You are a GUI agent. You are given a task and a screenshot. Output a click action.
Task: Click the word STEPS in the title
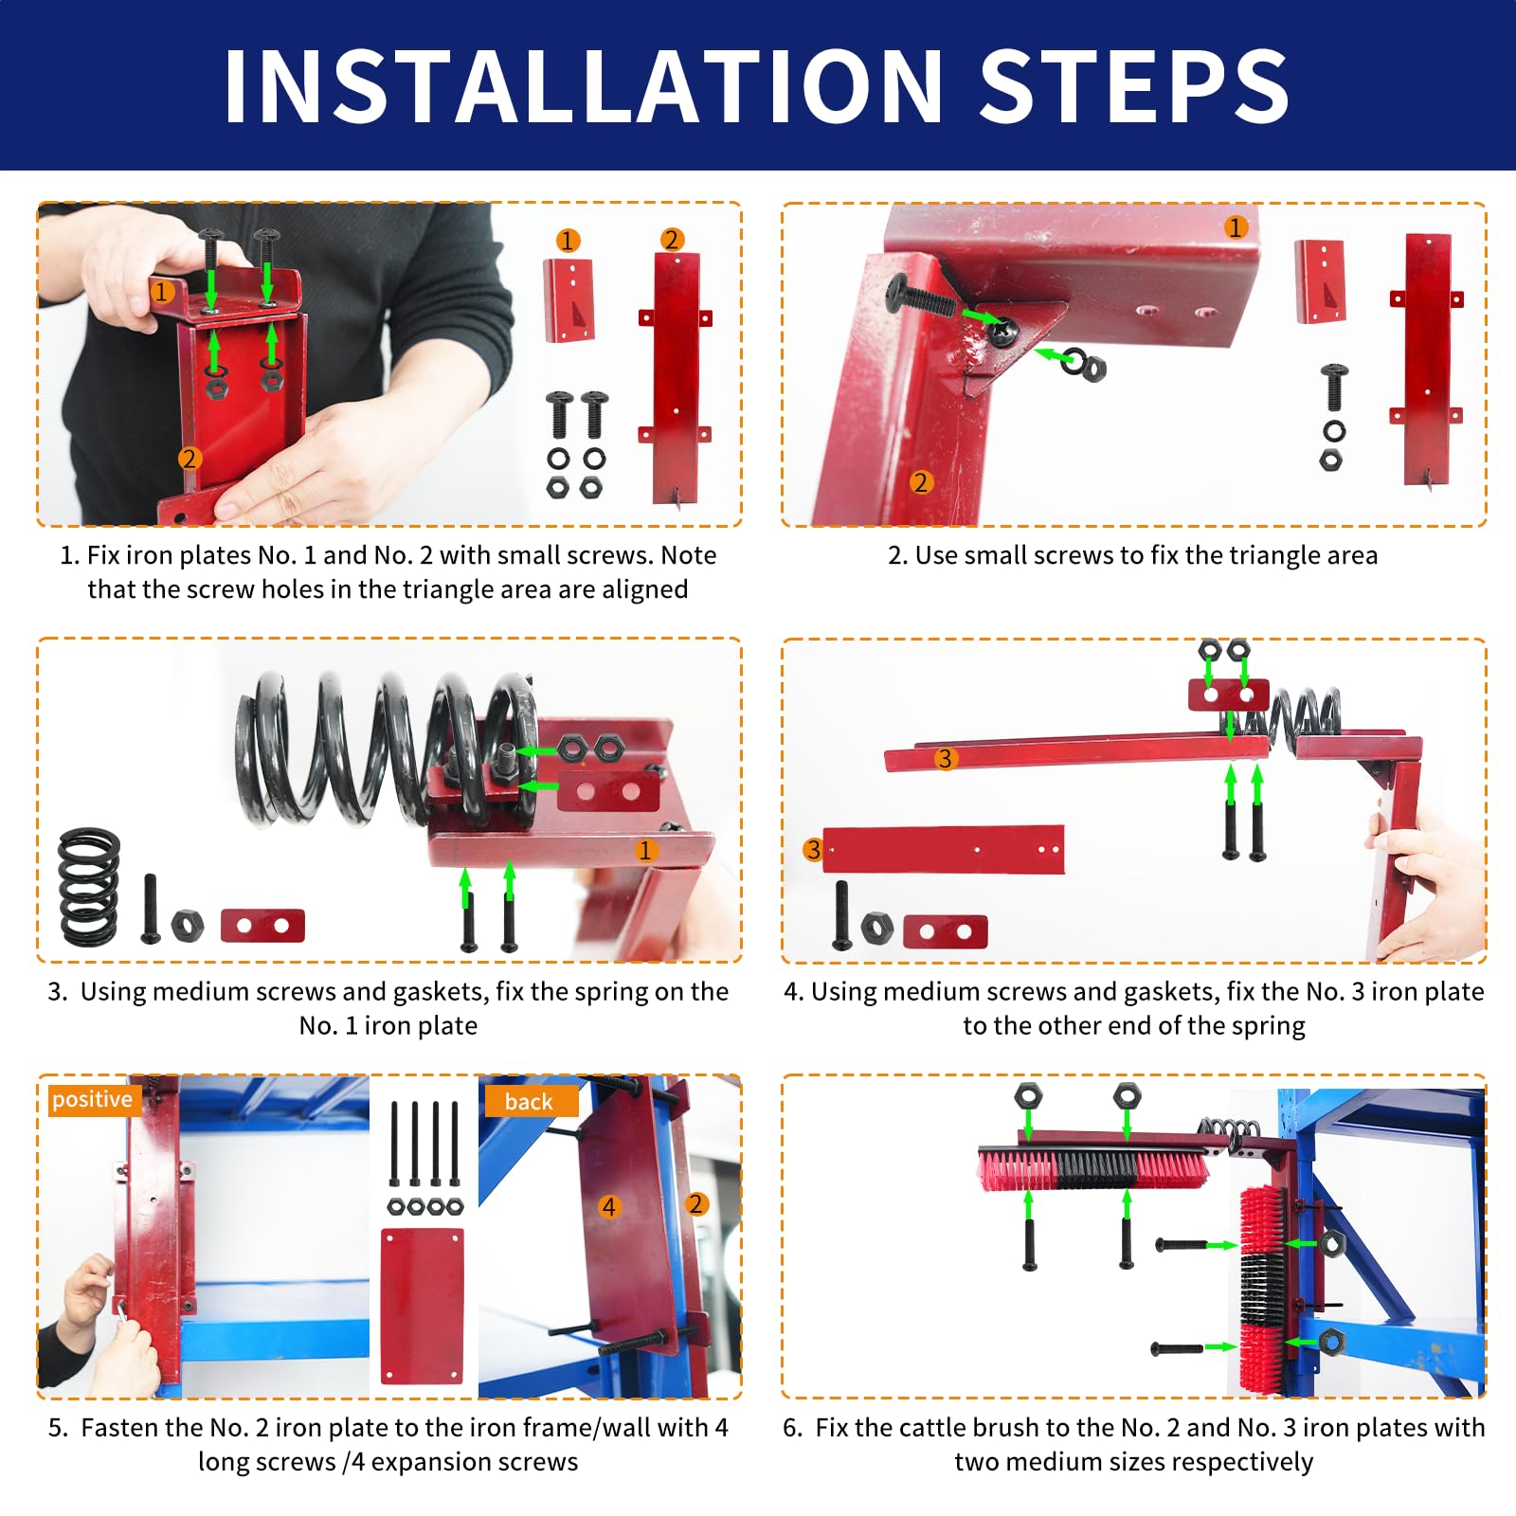1134,85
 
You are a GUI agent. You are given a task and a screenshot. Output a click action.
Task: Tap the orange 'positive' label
92,1099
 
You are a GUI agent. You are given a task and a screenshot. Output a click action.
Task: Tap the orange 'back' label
529,1101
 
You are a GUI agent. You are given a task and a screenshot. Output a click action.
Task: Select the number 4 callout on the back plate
609,1207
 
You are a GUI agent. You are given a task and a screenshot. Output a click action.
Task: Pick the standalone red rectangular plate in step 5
423,1306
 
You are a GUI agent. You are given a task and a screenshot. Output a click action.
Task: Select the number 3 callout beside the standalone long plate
812,850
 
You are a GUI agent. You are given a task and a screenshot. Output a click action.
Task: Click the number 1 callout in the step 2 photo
1235,227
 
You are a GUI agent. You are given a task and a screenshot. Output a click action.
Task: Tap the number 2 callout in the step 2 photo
920,482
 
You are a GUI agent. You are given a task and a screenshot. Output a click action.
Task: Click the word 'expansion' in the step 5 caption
427,1462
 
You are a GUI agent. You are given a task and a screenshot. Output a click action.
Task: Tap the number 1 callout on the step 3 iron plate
645,850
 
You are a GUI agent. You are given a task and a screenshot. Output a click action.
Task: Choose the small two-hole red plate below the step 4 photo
946,931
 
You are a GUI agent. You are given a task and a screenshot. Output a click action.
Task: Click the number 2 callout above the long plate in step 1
672,240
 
